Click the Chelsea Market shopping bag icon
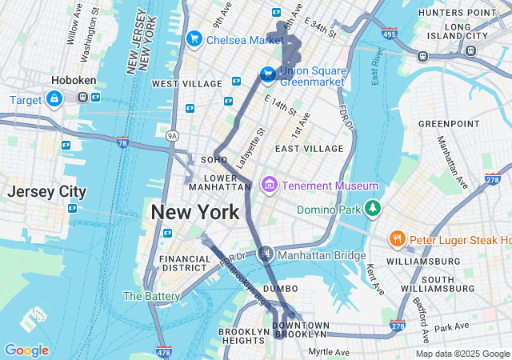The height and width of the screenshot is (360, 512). tap(194, 39)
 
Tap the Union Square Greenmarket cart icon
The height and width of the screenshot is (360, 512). tap(266, 74)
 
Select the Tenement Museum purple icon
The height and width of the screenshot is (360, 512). tap(270, 186)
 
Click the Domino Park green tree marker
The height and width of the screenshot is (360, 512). tap(371, 209)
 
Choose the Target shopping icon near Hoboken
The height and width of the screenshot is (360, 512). tap(54, 99)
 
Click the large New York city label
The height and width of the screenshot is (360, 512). tap(194, 212)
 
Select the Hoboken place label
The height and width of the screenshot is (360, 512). tap(74, 81)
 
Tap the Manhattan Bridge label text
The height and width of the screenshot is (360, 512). tap(322, 255)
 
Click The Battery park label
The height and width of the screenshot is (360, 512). tap(151, 296)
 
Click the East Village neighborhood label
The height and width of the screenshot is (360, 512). tap(309, 149)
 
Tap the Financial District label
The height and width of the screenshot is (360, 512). tap(185, 264)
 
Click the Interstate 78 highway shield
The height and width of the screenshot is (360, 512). tap(122, 143)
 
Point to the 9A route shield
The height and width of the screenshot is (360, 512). tap(172, 137)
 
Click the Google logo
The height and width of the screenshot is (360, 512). tap(26, 350)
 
